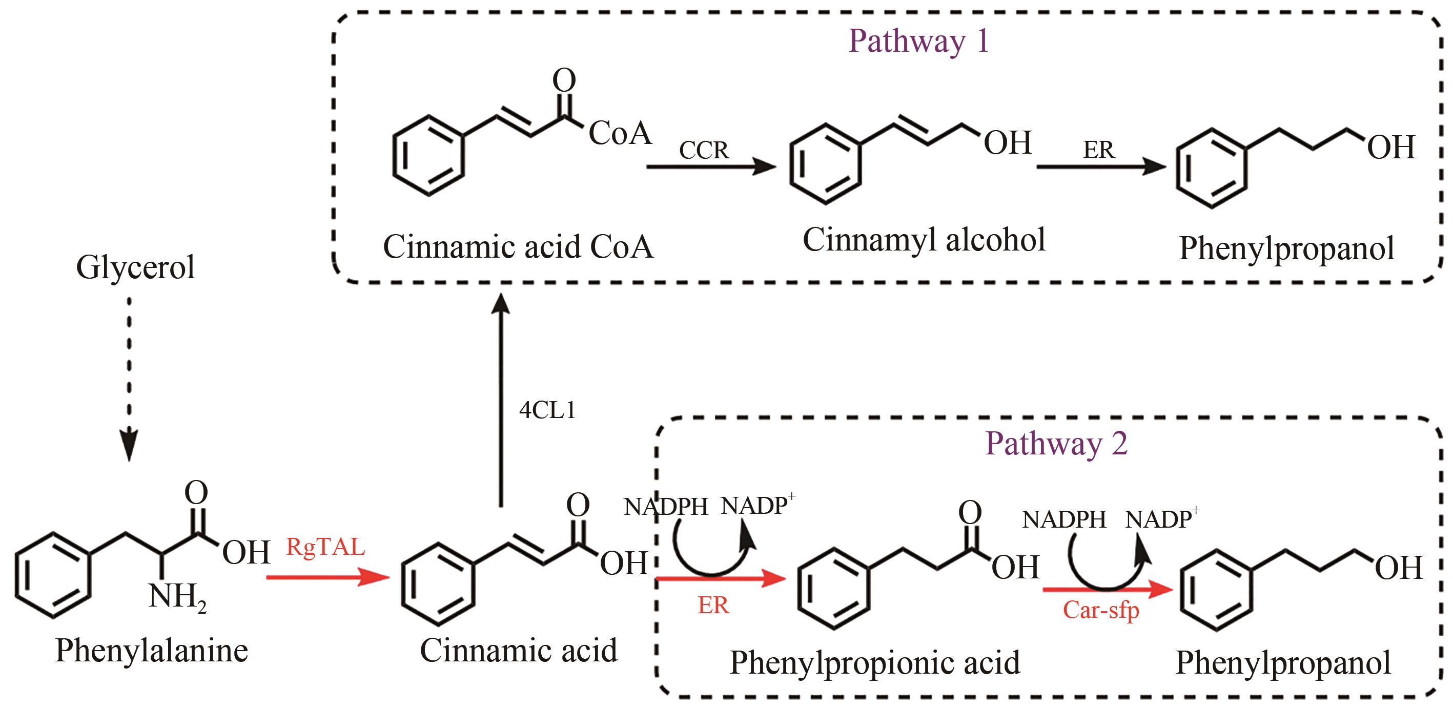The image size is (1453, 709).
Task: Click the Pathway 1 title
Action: pos(918,41)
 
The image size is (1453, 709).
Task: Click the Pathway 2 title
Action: pos(1056,444)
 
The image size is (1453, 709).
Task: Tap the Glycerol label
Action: pos(135,267)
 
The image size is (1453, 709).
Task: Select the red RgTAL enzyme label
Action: pos(325,547)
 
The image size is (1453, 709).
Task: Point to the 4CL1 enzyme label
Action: pos(547,410)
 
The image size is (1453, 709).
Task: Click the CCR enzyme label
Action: pos(703,150)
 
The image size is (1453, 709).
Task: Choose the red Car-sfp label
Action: pos(1100,610)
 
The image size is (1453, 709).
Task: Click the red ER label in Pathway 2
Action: pos(713,606)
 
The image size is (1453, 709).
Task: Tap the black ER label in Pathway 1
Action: pos(1098,150)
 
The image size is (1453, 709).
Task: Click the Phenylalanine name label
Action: pos(151,651)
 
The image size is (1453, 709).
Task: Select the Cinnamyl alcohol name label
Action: pos(924,240)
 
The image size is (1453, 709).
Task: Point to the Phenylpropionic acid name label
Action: pos(874,663)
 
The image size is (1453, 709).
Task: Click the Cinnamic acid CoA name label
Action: pos(518,247)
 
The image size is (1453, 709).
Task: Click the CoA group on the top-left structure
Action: pos(619,134)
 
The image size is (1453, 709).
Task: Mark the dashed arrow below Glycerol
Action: pos(129,378)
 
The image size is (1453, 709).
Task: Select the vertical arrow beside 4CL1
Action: pos(500,400)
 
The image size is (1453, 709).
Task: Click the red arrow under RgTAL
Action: pos(327,577)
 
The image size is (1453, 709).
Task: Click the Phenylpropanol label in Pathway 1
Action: pos(1286,248)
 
